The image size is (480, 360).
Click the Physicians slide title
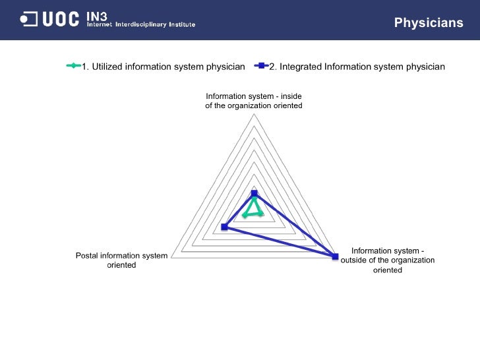[x=429, y=23]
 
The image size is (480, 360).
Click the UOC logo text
[x=61, y=20]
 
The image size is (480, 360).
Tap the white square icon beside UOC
[x=28, y=20]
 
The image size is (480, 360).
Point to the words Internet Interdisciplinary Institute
[x=141, y=25]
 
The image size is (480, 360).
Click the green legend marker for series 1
[x=73, y=66]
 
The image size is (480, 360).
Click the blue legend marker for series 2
[x=261, y=66]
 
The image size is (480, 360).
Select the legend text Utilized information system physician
[x=163, y=66]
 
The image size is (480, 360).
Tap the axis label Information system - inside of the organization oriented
[x=254, y=101]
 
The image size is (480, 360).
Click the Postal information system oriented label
[x=122, y=260]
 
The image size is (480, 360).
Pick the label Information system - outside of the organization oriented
[x=388, y=260]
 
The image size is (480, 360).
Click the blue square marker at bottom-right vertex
[x=334, y=256]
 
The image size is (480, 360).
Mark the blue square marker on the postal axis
[x=225, y=227]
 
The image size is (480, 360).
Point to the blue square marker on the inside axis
[x=254, y=193]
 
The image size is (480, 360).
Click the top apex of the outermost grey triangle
[x=254, y=113]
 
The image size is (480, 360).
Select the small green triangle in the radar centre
[x=253, y=208]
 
